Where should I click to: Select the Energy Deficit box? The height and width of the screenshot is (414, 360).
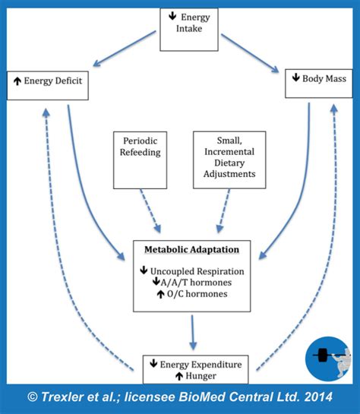coord(47,84)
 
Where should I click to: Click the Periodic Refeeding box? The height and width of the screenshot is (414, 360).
coord(139,158)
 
